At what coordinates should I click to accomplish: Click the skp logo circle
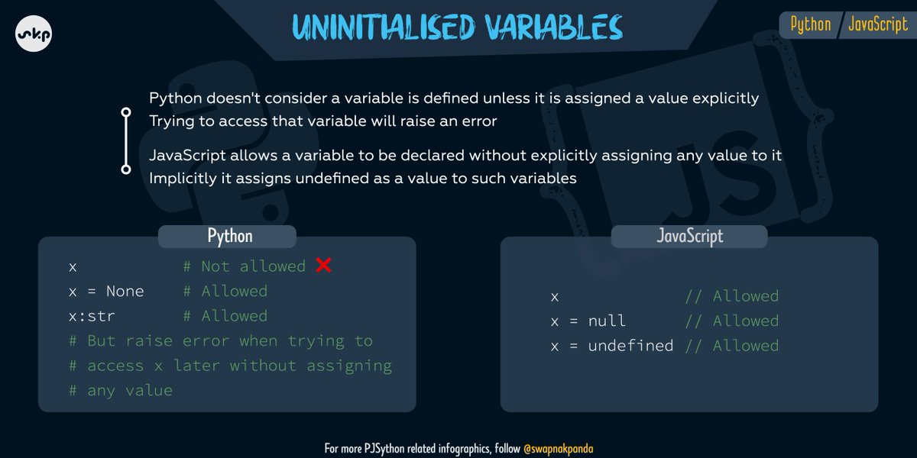point(34,34)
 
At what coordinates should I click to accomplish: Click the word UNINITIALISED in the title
point(384,27)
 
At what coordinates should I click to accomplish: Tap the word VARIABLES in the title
point(554,27)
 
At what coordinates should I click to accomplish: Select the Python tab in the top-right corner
point(811,24)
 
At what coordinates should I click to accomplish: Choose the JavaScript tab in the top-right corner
point(878,24)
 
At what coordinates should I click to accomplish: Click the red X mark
point(323,265)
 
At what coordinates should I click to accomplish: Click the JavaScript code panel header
point(689,237)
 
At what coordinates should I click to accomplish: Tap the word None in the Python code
point(125,291)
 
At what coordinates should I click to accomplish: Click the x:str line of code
point(92,316)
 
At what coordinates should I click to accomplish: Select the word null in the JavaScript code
point(607,321)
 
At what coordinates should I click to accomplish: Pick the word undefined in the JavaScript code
point(630,346)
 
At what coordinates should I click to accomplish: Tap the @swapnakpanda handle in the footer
point(559,449)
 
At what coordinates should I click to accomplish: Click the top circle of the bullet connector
point(126,112)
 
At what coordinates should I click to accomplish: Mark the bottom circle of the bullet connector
point(126,169)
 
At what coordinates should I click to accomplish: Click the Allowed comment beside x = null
point(746,321)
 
